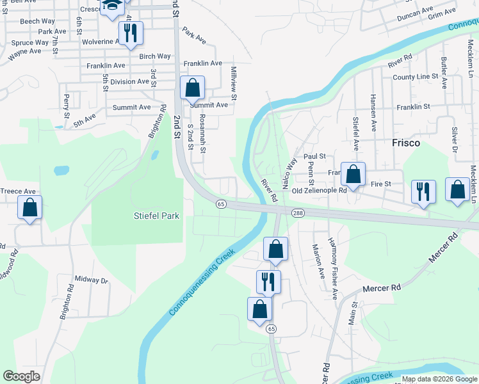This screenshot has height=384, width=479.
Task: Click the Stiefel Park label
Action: point(155,216)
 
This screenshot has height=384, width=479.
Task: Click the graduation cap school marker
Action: point(113,5)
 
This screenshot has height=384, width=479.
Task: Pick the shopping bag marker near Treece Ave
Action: point(29,207)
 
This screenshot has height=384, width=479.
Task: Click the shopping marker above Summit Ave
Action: point(192,88)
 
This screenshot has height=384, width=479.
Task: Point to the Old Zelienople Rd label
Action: point(319,191)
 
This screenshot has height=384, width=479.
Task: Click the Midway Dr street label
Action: point(92,279)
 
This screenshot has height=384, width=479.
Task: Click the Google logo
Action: point(22,376)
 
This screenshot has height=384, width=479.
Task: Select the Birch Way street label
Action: point(155,56)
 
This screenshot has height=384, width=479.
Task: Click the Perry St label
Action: point(66,106)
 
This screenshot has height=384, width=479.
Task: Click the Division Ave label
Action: point(129,82)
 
